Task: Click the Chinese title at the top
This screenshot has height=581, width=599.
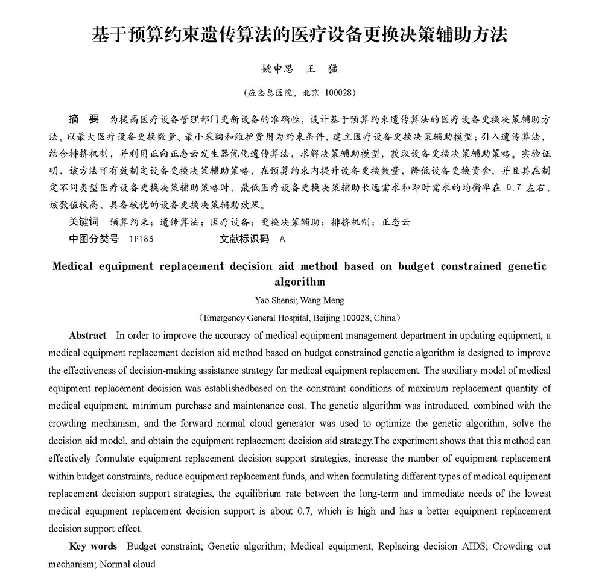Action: pyautogui.click(x=299, y=34)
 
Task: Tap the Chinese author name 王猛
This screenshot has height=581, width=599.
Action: pyautogui.click(x=323, y=69)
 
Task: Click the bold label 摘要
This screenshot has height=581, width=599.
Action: pyautogui.click(x=83, y=118)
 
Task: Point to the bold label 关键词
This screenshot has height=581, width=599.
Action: pyautogui.click(x=84, y=222)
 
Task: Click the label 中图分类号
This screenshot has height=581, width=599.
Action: pyautogui.click(x=93, y=239)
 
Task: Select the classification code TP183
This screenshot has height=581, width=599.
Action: pyautogui.click(x=141, y=239)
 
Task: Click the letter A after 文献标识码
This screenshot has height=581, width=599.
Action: pyautogui.click(x=282, y=239)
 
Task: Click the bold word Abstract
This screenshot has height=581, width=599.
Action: pyautogui.click(x=87, y=336)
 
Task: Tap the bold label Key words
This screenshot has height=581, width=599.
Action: pyautogui.click(x=93, y=547)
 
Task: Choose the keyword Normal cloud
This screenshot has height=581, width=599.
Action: pyautogui.click(x=127, y=564)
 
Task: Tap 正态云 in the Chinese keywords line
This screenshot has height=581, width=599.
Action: pyautogui.click(x=397, y=222)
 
